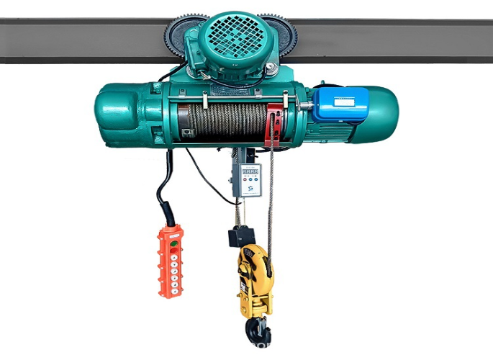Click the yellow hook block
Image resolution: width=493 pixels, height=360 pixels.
255,277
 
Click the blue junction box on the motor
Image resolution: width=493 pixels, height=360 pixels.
340,105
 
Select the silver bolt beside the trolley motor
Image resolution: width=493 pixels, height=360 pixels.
271,68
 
